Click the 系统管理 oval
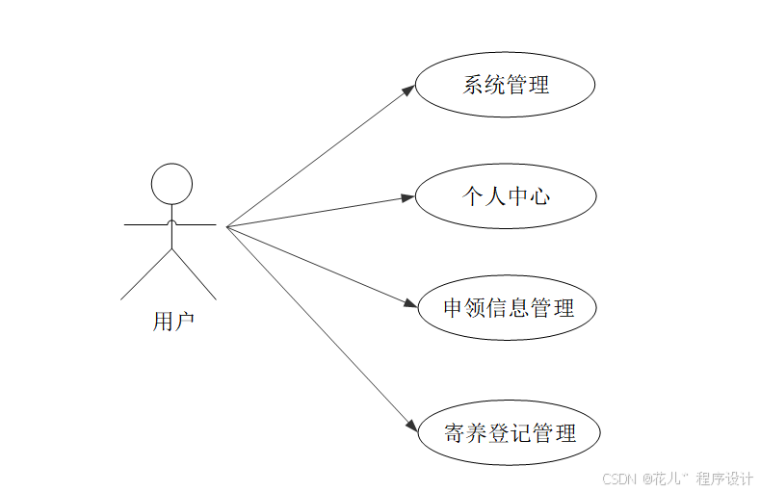[x=505, y=85]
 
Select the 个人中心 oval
[x=505, y=196]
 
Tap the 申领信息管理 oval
[x=508, y=308]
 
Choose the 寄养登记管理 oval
[x=509, y=432]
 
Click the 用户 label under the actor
[x=173, y=321]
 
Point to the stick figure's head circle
[x=171, y=182]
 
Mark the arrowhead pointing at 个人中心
[x=407, y=197]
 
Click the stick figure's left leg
[x=146, y=273]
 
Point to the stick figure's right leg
[x=195, y=273]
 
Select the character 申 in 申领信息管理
[x=454, y=308]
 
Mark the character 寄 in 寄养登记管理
[x=455, y=432]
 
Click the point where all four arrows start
[x=227, y=226]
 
